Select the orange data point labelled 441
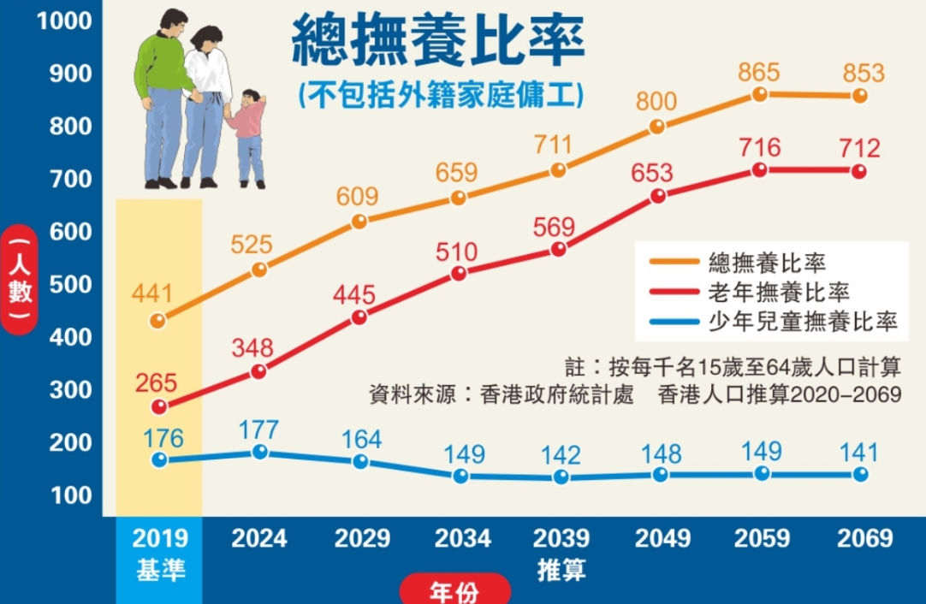[x=157, y=321]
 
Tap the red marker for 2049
[x=657, y=196]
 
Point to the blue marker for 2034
[x=460, y=476]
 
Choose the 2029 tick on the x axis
[x=362, y=539]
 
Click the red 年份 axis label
[x=454, y=591]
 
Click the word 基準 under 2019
[x=160, y=569]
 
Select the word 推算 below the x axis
[x=561, y=569]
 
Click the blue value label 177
[x=260, y=427]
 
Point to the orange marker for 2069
[x=860, y=96]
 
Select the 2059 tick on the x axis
[x=761, y=539]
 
